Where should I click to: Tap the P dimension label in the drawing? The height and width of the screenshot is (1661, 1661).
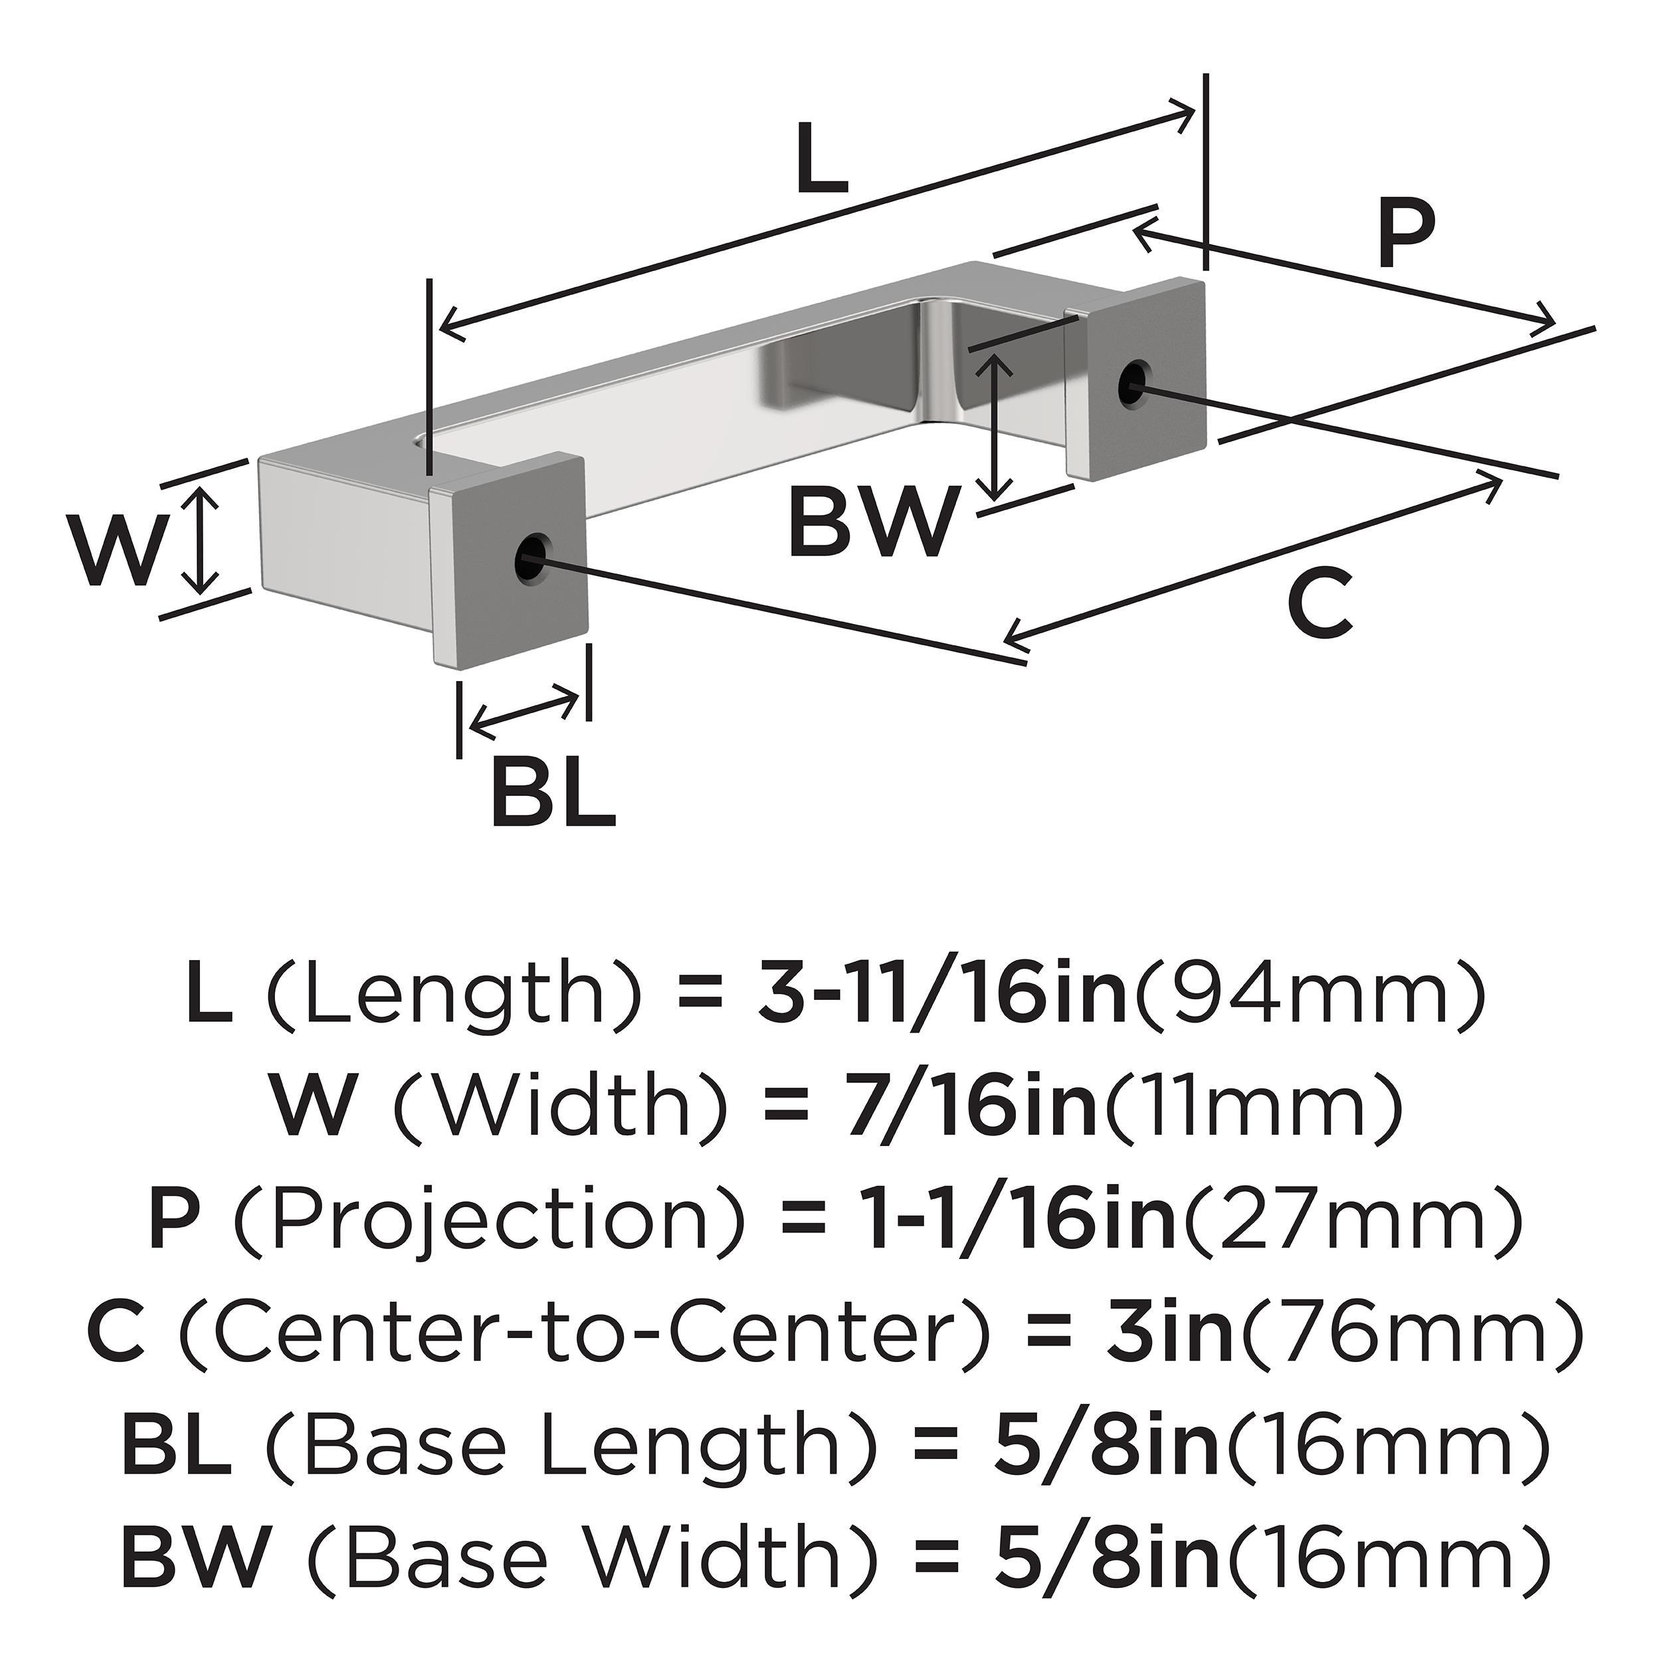(1407, 234)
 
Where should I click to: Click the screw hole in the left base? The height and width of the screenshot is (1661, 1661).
(532, 559)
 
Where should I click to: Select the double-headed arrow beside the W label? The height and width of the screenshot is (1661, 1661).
(201, 539)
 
